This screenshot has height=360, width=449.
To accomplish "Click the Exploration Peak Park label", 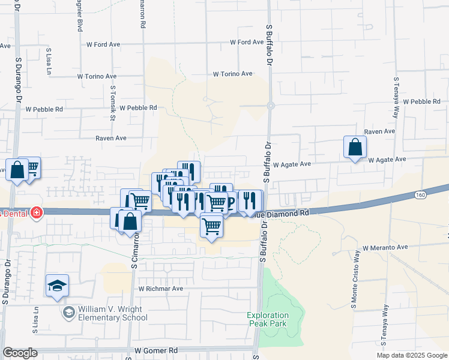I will coord(268,319).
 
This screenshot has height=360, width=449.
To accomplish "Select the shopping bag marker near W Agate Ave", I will coord(355,147).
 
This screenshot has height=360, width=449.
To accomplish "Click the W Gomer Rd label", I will coord(156,350).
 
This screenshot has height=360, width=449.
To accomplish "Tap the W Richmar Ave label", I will coord(160,289).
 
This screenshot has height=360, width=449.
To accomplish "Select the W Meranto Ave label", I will coord(385,247).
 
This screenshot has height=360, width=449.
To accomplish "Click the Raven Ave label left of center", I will coord(110,138).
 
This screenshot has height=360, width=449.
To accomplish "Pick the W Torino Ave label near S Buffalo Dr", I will coord(232,74).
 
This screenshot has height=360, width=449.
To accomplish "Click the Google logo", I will coord(20,353).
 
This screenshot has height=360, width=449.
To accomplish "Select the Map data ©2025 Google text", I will coord(411,355).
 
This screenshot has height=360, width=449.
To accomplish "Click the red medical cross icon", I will coord(37,212).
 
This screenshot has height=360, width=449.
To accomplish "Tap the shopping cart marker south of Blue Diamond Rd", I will coord(211,227).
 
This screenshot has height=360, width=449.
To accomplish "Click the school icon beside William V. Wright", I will coord(68,313).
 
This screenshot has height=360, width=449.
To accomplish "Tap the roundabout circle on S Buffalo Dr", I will coord(271,106).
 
